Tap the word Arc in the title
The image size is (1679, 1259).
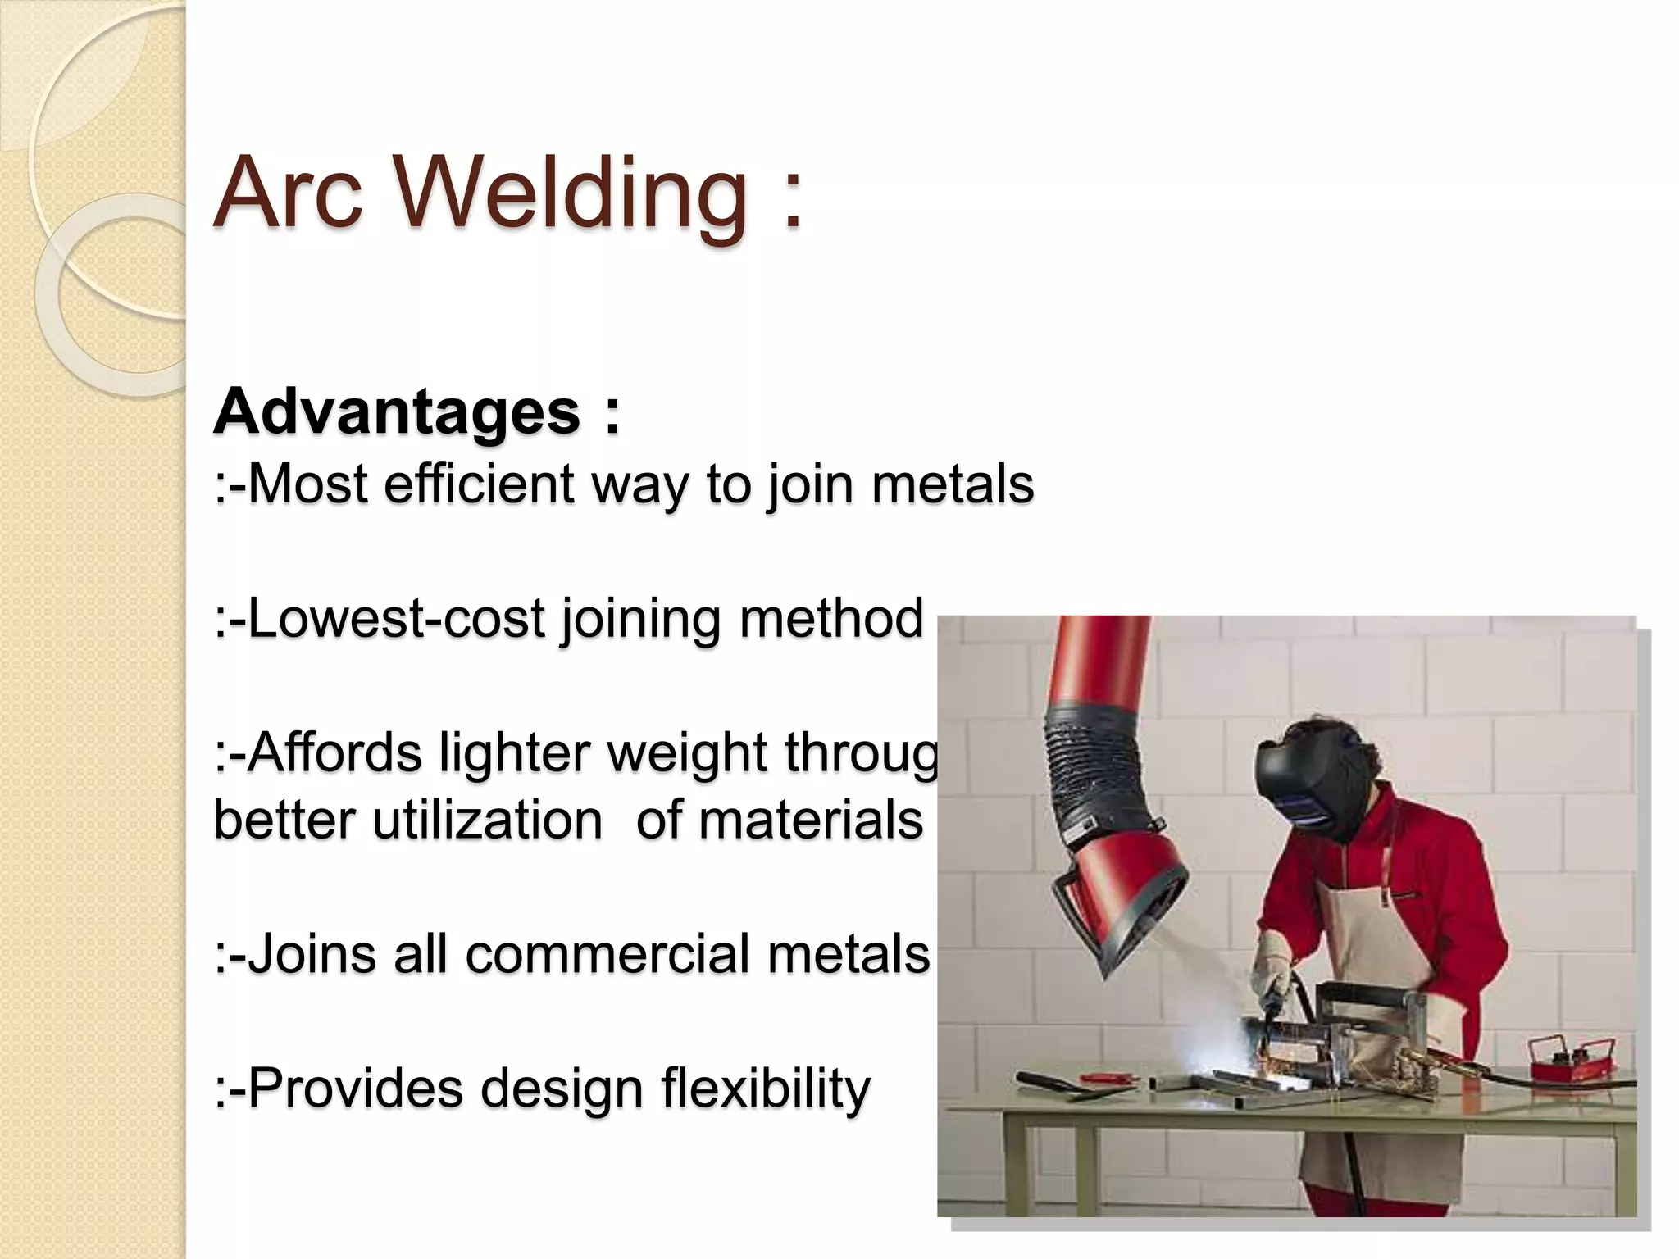pyautogui.click(x=288, y=193)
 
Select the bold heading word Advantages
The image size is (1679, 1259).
pyautogui.click(x=398, y=411)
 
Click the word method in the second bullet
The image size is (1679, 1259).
pyautogui.click(x=831, y=618)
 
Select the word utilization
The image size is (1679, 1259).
pyautogui.click(x=488, y=820)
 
